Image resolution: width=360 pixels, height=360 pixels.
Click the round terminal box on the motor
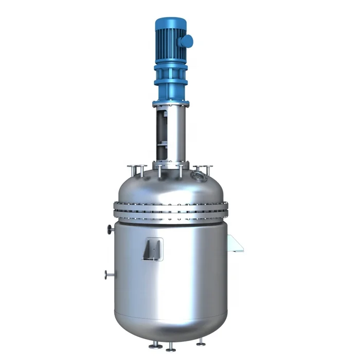point(187,40)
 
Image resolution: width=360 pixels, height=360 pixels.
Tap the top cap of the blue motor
point(170,23)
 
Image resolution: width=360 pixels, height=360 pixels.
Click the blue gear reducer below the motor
point(170,77)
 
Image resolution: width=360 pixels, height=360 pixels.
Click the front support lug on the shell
point(153,249)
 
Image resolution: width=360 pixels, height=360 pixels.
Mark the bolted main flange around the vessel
point(170,210)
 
